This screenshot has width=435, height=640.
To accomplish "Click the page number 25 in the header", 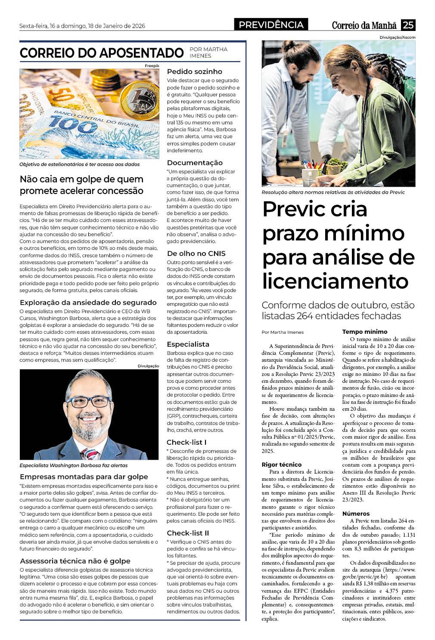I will [408, 25].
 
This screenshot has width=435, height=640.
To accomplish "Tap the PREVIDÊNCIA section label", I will [271, 25].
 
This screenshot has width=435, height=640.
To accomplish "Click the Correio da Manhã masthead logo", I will [364, 25].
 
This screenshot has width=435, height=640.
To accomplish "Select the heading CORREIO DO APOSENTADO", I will [102, 53].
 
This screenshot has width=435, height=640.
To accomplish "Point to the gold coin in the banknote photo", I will [138, 98].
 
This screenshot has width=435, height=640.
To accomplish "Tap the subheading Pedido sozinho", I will [195, 71].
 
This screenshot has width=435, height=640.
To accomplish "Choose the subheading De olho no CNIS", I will [196, 253].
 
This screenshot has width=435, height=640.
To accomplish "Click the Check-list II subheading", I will [188, 533].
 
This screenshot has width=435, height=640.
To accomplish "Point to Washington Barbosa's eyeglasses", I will [89, 402].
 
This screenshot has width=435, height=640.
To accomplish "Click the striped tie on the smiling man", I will [91, 453].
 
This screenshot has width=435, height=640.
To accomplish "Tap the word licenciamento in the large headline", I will [335, 281].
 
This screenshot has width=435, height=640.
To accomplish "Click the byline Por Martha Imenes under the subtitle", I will [283, 332].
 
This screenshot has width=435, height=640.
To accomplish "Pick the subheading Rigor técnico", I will [282, 465].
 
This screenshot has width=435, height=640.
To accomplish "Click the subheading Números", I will [356, 514].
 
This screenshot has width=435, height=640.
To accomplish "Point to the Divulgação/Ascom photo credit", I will [398, 37].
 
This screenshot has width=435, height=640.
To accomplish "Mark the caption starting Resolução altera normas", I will [333, 192].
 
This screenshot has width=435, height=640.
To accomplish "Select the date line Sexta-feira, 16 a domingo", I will [82, 26].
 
